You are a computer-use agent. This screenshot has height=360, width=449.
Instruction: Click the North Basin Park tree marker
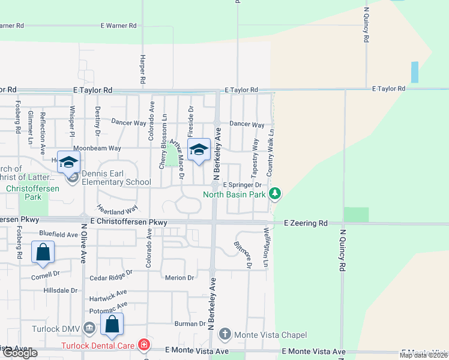click(x=275, y=194)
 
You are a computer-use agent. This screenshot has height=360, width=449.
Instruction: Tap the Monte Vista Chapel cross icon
click(x=225, y=334)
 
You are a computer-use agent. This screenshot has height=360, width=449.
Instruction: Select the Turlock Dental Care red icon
click(x=144, y=345)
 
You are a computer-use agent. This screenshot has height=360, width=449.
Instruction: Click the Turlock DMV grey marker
click(x=89, y=328)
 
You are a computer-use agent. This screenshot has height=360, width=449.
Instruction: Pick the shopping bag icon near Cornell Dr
click(x=43, y=253)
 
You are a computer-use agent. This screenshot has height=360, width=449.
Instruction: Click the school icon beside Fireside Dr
click(x=198, y=151)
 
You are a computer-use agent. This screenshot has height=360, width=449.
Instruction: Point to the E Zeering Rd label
click(x=306, y=223)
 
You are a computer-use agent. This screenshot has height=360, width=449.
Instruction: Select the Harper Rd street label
click(x=143, y=69)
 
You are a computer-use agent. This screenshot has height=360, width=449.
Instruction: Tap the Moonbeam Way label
click(x=97, y=148)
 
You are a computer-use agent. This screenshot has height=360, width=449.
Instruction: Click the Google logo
click(x=19, y=353)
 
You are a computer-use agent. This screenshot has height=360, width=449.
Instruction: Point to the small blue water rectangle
click(x=415, y=72)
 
